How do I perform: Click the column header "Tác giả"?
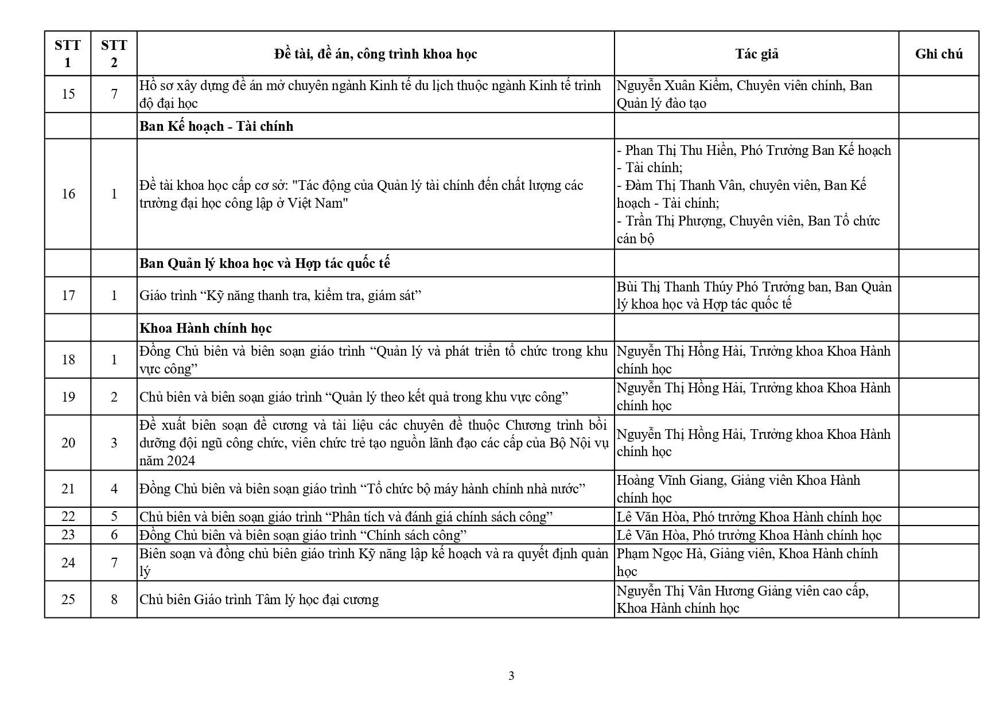pyautogui.click(x=756, y=54)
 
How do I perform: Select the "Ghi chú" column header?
pyautogui.click(x=939, y=54)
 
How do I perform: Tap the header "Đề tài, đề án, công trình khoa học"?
pyautogui.click(x=375, y=54)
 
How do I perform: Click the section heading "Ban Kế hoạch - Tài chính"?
pyautogui.click(x=216, y=126)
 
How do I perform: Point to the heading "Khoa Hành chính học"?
pyautogui.click(x=205, y=328)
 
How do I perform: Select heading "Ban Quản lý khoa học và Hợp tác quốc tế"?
pyautogui.click(x=265, y=263)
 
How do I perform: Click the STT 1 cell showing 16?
pyautogui.click(x=68, y=194)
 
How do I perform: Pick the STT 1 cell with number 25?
pyautogui.click(x=68, y=600)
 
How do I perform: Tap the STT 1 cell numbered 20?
pyautogui.click(x=68, y=443)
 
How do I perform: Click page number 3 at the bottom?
pyautogui.click(x=511, y=676)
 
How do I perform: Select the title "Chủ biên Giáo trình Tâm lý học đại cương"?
pyautogui.click(x=259, y=600)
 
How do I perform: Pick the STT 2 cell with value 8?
pyautogui.click(x=114, y=600)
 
